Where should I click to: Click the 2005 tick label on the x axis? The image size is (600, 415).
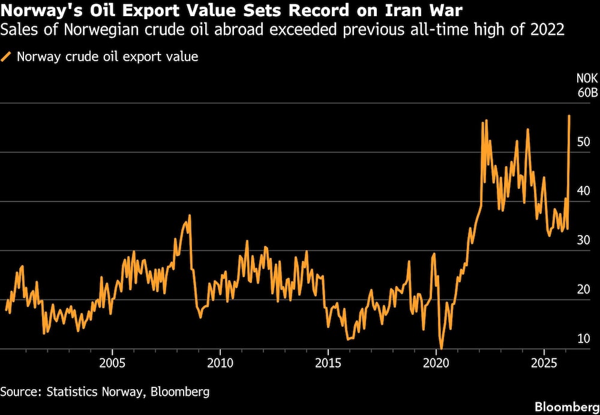112,363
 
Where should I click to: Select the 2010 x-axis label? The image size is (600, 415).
220,363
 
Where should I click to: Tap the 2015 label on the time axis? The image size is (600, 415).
328,363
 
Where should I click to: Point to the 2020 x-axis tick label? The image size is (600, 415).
436,363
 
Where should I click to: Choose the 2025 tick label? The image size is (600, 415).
544,363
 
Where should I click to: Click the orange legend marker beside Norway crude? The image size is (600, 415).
7,57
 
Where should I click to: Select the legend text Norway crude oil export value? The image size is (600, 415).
107,57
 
